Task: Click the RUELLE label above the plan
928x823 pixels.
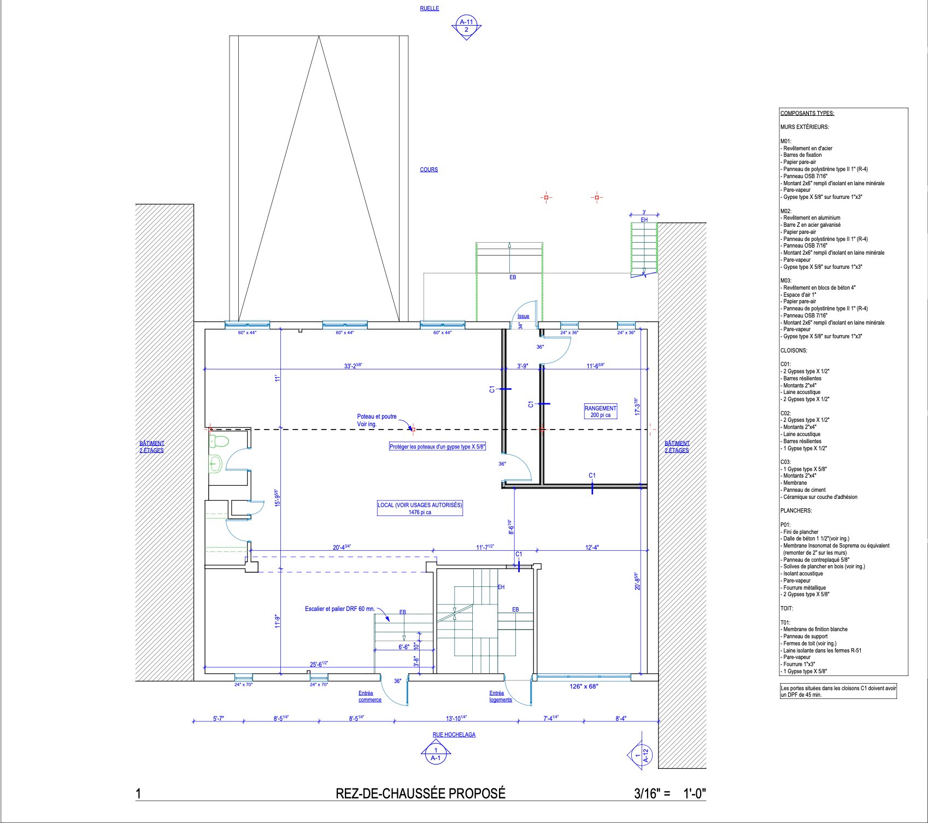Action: pos(429,9)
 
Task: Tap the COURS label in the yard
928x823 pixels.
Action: pos(429,169)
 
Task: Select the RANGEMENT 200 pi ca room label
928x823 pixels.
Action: pos(601,411)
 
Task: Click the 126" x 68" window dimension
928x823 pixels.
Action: pos(584,686)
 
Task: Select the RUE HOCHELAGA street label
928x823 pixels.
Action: pos(454,735)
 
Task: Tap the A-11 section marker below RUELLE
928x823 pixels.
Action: pos(466,26)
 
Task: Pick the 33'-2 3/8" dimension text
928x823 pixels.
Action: pos(353,366)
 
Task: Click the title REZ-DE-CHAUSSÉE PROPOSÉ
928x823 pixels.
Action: pos(420,793)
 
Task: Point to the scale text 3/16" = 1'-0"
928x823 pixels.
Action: pos(670,793)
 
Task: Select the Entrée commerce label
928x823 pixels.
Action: pos(370,696)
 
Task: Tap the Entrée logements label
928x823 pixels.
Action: pos(501,696)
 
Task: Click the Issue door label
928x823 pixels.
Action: pos(523,316)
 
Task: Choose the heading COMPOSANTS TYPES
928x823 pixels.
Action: pos(807,114)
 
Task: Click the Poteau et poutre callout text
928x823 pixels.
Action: pos(377,420)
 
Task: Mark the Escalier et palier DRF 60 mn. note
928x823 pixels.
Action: pos(340,609)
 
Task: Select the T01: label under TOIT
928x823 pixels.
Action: pos(785,622)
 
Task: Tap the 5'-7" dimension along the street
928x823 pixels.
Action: pos(219,719)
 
